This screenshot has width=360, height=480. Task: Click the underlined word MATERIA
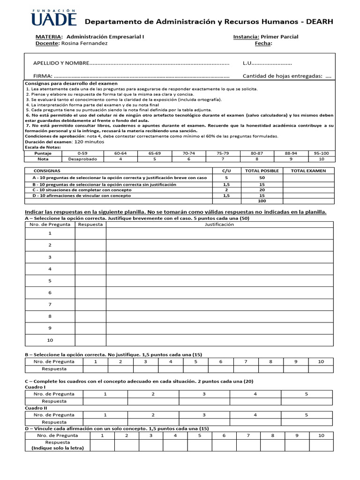pyautogui.click(x=49, y=37)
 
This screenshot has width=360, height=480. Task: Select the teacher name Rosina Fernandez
pyautogui.click(x=84, y=44)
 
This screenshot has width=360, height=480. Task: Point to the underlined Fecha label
pyautogui.click(x=263, y=44)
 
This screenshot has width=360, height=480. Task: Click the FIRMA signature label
pyautogui.click(x=43, y=76)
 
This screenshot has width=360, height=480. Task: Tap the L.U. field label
pyautogui.click(x=247, y=63)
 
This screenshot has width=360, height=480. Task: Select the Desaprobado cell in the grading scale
pyautogui.click(x=82, y=159)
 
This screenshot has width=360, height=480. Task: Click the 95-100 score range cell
pyautogui.click(x=322, y=153)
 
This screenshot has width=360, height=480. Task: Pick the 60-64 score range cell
pyautogui.click(x=120, y=153)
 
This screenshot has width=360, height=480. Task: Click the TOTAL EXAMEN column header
pyautogui.click(x=308, y=171)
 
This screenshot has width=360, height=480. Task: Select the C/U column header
pyautogui.click(x=227, y=171)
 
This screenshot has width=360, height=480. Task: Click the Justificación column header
pyautogui.click(x=219, y=225)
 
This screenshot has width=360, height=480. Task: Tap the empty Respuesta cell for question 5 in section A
pyautogui.click(x=90, y=281)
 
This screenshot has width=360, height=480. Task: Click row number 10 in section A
pyautogui.click(x=50, y=340)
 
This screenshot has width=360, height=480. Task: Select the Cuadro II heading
pyautogui.click(x=35, y=408)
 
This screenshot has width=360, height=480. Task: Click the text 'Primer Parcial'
pyautogui.click(x=279, y=37)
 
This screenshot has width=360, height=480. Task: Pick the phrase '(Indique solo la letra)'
pyautogui.click(x=57, y=448)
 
